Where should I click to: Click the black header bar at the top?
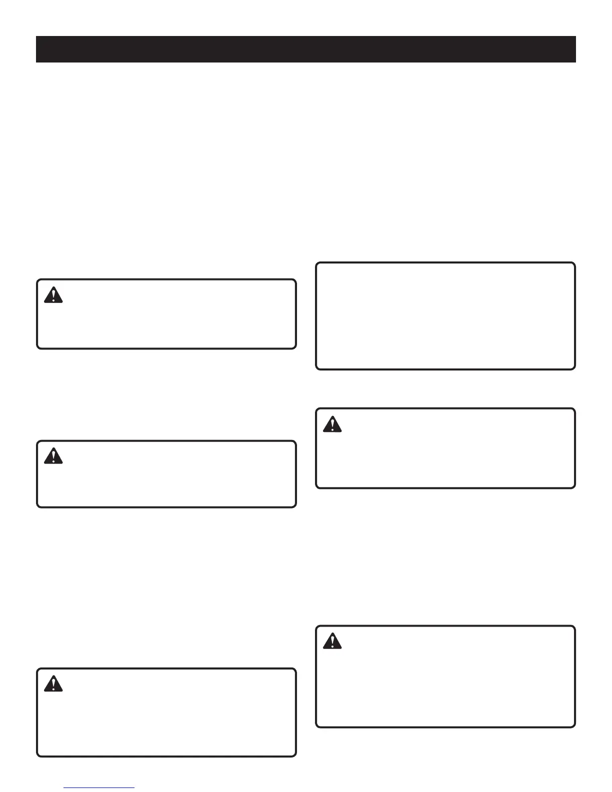(x=305, y=49)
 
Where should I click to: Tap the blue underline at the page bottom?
(x=99, y=787)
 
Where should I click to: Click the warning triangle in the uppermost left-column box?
(x=53, y=295)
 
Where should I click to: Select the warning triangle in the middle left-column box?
(x=53, y=456)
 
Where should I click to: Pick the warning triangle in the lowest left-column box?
(x=53, y=683)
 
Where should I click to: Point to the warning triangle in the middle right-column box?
(x=332, y=424)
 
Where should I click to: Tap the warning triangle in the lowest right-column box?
(x=332, y=641)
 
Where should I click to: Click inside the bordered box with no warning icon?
(x=445, y=315)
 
